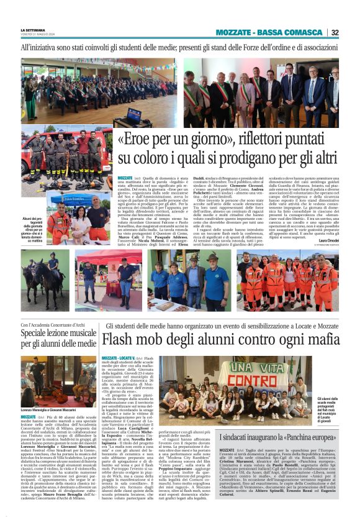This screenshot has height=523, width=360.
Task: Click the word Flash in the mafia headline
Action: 122,339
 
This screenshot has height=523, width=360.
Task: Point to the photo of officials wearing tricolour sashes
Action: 281,91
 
